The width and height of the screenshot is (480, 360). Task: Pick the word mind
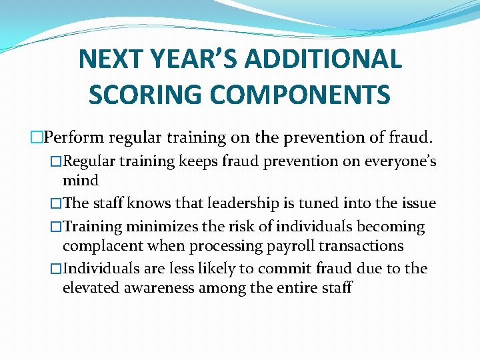pyautogui.click(x=80, y=180)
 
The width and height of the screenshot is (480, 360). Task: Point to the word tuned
pyautogui.click(x=306, y=204)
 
